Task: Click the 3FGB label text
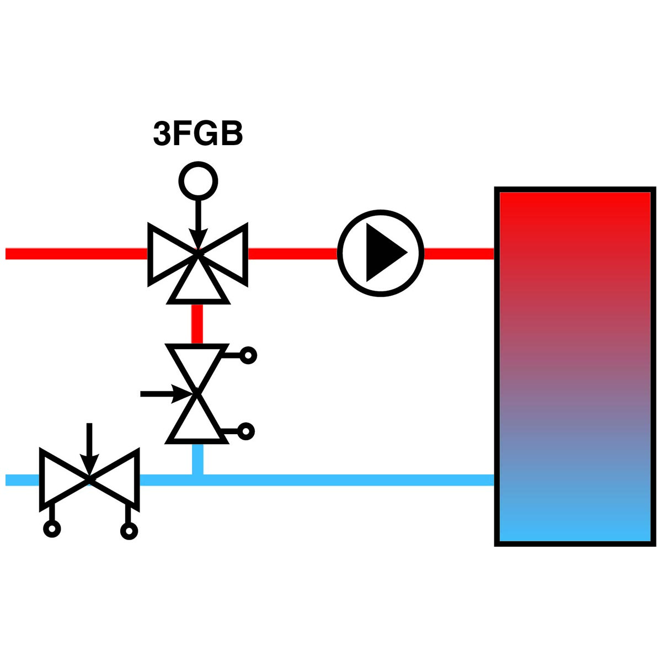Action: pos(198,134)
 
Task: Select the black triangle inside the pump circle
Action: pos(386,253)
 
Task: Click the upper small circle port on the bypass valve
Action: pos(248,356)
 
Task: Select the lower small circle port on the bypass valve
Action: pos(246,431)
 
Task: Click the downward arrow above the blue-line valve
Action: pos(89,450)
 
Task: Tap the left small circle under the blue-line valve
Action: pos(52,530)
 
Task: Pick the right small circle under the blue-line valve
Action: pos(129,531)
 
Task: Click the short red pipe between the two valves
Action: pos(197,324)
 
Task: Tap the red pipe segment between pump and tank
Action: pos(460,254)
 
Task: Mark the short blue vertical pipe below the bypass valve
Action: pos(197,460)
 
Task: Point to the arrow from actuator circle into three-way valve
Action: pos(198,225)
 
